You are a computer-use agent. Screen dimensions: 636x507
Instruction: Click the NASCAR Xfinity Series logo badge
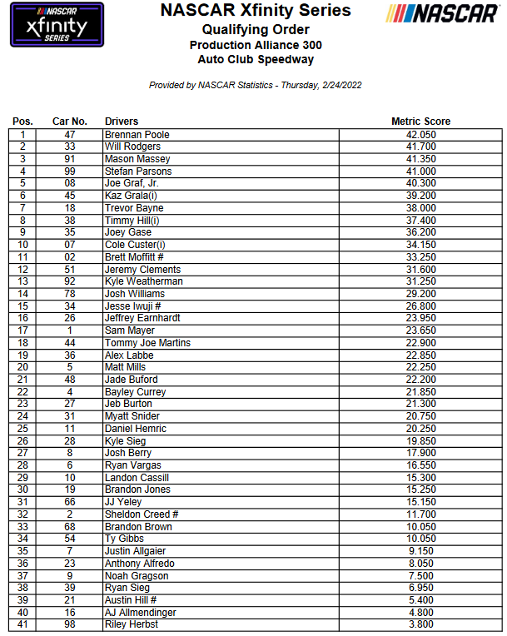[x=57, y=25]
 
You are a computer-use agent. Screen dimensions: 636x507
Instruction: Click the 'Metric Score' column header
[x=420, y=122]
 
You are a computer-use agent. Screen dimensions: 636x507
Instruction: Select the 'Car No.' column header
[x=70, y=122]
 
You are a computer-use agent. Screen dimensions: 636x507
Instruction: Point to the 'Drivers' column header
[x=122, y=122]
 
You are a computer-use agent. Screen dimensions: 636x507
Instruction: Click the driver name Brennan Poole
[x=137, y=134]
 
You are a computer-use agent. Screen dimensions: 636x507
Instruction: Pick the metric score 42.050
[x=420, y=134]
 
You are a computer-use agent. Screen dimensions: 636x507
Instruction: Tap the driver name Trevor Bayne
[x=134, y=208]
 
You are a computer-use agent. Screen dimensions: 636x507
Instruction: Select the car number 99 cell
[x=70, y=171]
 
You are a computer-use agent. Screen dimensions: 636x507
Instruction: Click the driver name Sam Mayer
[x=127, y=330]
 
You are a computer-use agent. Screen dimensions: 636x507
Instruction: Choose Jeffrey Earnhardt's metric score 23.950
[x=420, y=318]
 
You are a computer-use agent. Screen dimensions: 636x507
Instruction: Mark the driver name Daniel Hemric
[x=136, y=429]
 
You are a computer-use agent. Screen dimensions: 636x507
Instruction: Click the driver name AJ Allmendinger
[x=140, y=613]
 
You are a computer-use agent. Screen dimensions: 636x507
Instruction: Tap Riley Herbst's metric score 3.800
[x=420, y=625]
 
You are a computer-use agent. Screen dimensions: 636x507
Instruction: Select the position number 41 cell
[x=23, y=625]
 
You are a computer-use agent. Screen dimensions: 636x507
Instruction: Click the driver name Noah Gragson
[x=137, y=576]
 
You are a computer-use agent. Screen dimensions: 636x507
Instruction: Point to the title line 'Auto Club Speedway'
[x=256, y=59]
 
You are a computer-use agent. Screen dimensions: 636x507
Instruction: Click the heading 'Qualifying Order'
[x=256, y=29]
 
